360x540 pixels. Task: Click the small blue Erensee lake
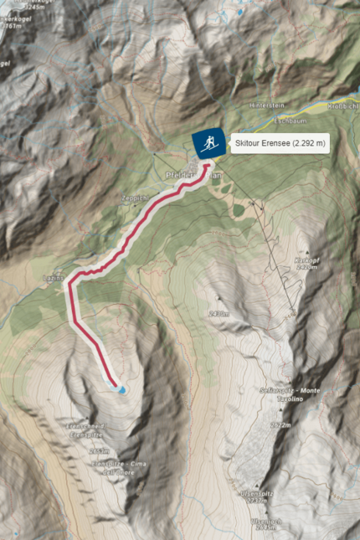(121, 389)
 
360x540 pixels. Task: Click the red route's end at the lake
(115, 385)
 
